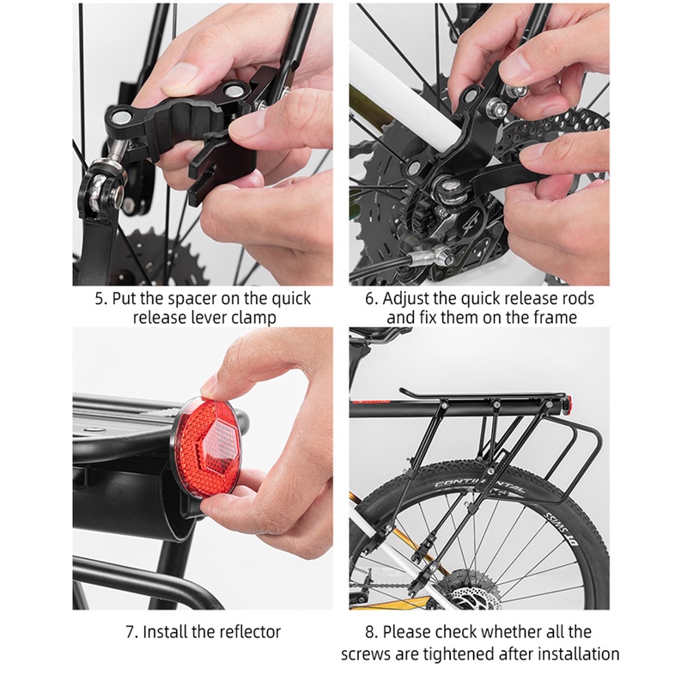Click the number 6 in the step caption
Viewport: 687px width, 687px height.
pyautogui.click(x=371, y=298)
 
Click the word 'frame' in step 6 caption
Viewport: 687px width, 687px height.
pyautogui.click(x=555, y=317)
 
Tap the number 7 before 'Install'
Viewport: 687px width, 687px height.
pyautogui.click(x=131, y=632)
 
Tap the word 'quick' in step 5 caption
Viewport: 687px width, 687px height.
pyautogui.click(x=291, y=299)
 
